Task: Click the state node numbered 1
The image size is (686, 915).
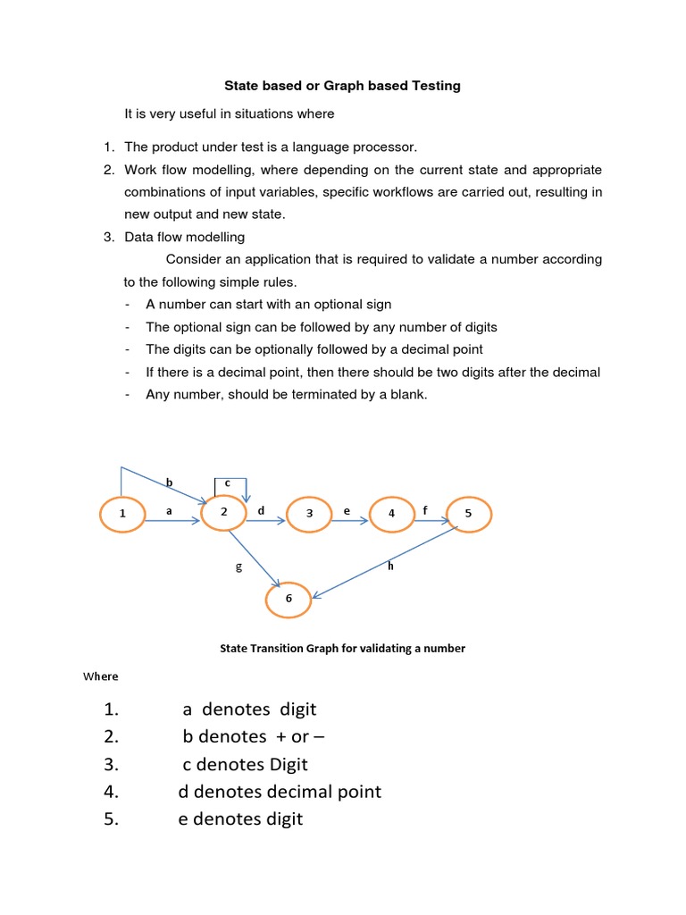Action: click(x=121, y=514)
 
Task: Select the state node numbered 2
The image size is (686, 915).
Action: click(x=223, y=513)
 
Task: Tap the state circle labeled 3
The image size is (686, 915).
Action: click(x=310, y=514)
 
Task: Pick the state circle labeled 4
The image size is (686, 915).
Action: click(x=392, y=514)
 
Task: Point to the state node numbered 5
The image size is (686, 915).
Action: click(x=468, y=514)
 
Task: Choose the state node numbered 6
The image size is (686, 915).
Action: click(x=289, y=599)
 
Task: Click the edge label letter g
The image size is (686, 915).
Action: click(x=238, y=567)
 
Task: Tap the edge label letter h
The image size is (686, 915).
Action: click(x=390, y=565)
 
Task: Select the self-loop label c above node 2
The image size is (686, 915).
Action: click(x=228, y=483)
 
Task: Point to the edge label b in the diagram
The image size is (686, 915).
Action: click(x=169, y=483)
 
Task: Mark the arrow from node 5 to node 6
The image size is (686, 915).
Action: click(x=384, y=559)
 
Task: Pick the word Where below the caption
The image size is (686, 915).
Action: click(x=101, y=676)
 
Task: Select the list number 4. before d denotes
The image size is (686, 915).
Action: click(x=111, y=792)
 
